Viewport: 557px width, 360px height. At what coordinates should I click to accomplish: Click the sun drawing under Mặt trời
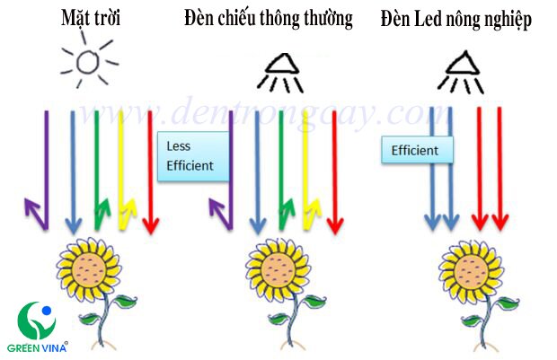click(x=86, y=62)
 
